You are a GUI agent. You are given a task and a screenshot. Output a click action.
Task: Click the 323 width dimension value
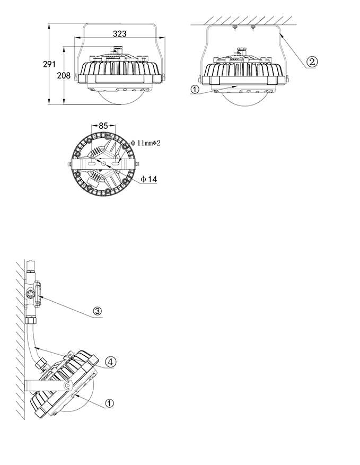[119, 34]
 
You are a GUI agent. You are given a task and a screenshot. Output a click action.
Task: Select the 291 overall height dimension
[49, 64]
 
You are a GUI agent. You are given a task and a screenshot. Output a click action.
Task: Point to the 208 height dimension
[64, 76]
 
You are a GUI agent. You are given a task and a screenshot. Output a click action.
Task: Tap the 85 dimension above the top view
[103, 126]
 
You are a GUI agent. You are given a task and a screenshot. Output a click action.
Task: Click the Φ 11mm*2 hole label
[146, 143]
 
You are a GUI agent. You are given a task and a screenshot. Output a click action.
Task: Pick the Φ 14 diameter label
[149, 179]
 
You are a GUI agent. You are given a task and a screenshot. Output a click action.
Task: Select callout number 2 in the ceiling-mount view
[311, 62]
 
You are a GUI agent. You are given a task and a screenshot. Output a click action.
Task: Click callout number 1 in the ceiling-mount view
[195, 89]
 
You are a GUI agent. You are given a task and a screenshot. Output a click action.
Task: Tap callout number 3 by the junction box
[97, 311]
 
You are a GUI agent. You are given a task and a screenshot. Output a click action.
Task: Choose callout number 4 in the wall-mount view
[110, 362]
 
